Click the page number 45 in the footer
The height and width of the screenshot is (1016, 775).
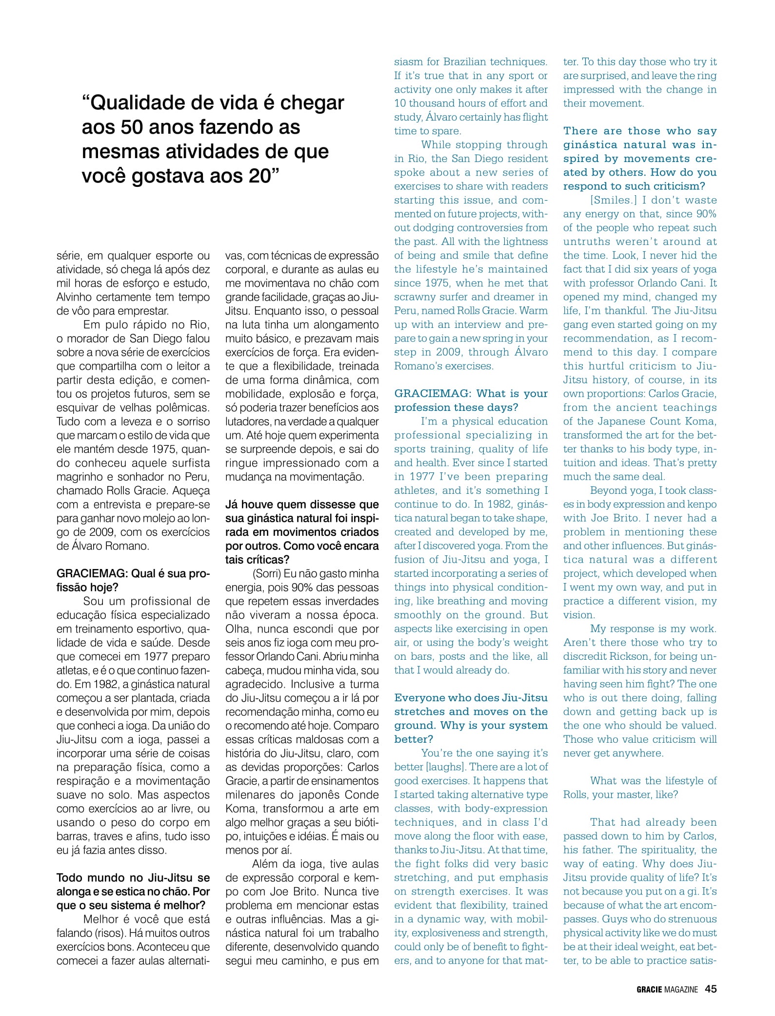(711, 989)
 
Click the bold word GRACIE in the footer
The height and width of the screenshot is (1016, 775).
(649, 990)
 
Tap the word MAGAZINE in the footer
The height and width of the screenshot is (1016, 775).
(681, 990)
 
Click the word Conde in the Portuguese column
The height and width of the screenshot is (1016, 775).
(362, 794)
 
